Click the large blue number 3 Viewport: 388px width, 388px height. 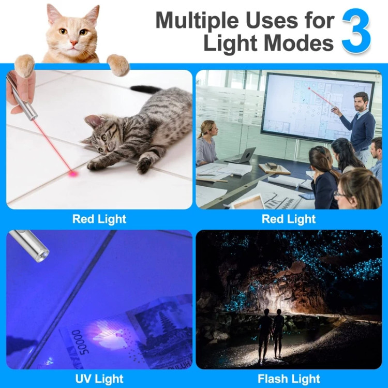pyautogui.click(x=356, y=31)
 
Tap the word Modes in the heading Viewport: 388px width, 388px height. pyautogui.click(x=299, y=43)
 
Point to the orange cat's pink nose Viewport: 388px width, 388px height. pyautogui.click(x=74, y=43)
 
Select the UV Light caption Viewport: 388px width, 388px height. pyautogui.click(x=99, y=379)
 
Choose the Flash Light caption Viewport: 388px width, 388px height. pyautogui.click(x=289, y=379)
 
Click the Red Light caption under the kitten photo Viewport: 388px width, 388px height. pyautogui.click(x=99, y=219)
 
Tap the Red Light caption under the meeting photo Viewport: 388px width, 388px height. pyautogui.click(x=289, y=219)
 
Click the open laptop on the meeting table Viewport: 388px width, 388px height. pyautogui.click(x=241, y=155)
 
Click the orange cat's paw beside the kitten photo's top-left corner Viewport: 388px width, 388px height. pyautogui.click(x=24, y=66)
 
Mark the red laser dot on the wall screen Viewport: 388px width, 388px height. pyautogui.click(x=309, y=88)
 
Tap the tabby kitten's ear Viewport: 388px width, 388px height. pyautogui.click(x=92, y=120)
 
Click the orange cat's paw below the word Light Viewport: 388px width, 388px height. pyautogui.click(x=118, y=65)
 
